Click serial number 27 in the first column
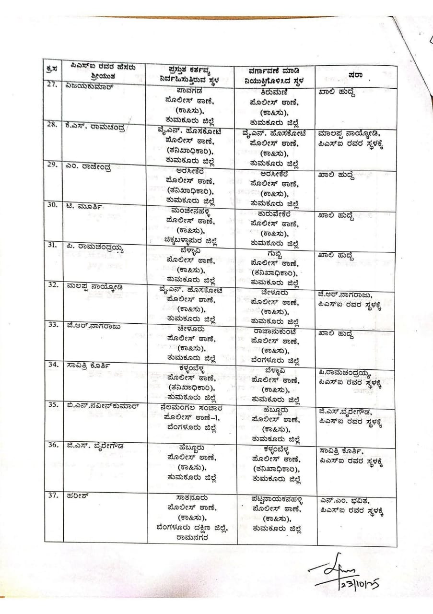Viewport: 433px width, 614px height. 52,86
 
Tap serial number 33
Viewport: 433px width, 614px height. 53,325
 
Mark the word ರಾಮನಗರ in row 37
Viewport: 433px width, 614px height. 191,536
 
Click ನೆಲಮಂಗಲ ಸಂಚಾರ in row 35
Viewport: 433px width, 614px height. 191,408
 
